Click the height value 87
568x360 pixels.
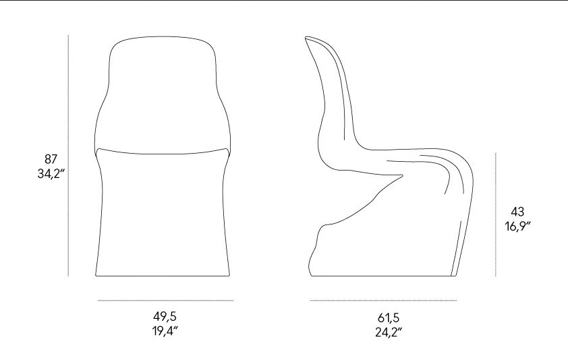[x=51, y=159]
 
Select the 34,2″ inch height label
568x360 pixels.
[x=51, y=174]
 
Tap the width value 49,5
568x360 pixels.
[x=165, y=317]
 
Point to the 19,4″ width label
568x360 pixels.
[x=165, y=331]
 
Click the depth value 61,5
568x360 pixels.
[x=389, y=318]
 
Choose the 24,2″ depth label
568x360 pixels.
[x=389, y=332]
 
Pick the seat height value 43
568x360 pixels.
[x=517, y=212]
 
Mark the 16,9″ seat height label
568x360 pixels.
[x=518, y=227]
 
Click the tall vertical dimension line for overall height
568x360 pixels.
[x=68, y=155]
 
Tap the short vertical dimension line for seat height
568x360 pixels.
[x=496, y=214]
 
